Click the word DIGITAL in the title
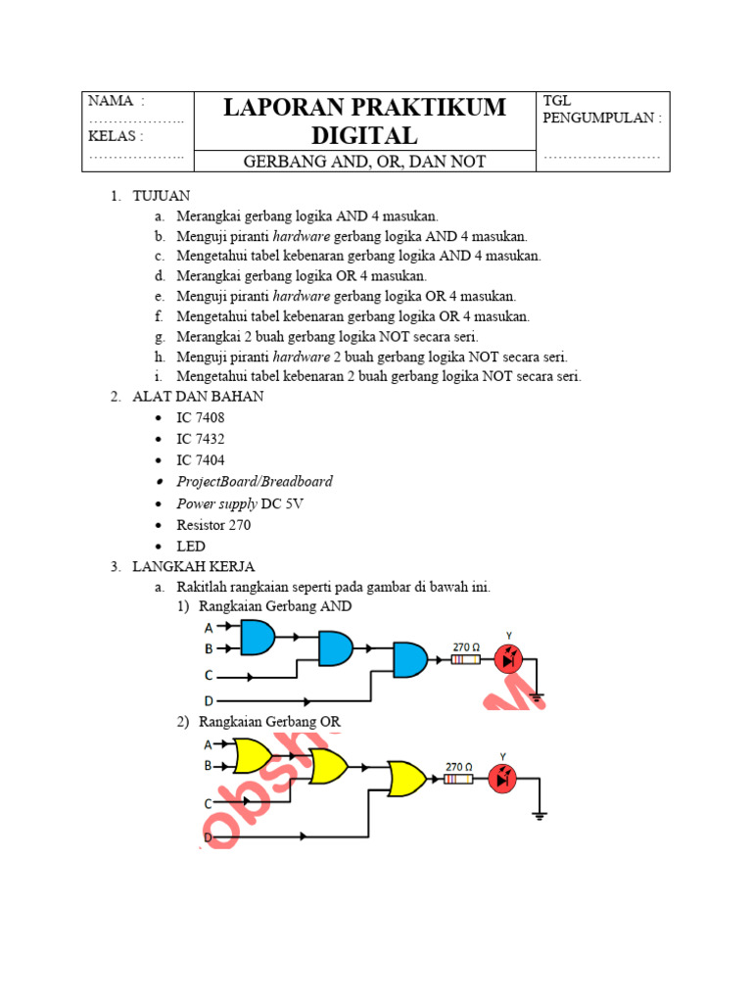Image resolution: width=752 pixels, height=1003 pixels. pyautogui.click(x=364, y=135)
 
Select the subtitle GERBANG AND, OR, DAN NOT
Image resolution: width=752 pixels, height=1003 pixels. pyautogui.click(x=364, y=162)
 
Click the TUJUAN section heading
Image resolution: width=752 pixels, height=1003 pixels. pyautogui.click(x=162, y=196)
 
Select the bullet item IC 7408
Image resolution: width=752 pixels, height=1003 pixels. pyautogui.click(x=200, y=417)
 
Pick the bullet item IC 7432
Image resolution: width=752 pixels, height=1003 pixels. pyautogui.click(x=200, y=439)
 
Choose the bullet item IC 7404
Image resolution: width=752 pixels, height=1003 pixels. pyautogui.click(x=200, y=460)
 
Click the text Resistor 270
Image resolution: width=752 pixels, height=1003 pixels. pyautogui.click(x=213, y=525)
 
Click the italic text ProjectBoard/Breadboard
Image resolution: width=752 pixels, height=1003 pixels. pyautogui.click(x=254, y=482)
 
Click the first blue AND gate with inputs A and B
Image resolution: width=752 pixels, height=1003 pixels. pyautogui.click(x=258, y=637)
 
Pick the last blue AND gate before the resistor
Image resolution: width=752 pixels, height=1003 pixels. pyautogui.click(x=410, y=660)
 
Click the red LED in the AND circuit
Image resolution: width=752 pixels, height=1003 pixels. pyautogui.click(x=508, y=659)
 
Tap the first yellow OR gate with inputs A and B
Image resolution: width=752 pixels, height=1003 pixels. pyautogui.click(x=254, y=755)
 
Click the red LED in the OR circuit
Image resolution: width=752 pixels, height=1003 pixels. pyautogui.click(x=503, y=779)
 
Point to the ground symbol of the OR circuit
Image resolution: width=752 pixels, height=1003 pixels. pyautogui.click(x=539, y=813)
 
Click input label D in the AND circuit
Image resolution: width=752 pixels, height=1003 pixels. pyautogui.click(x=208, y=701)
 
